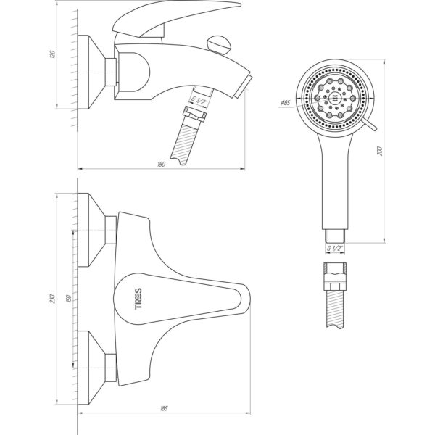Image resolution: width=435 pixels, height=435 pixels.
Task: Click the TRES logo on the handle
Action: tap(138, 299)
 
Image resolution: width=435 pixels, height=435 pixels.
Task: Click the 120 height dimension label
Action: tap(52, 54)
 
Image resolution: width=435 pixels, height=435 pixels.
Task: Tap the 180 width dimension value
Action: tap(161, 165)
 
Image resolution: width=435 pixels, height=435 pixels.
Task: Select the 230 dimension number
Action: tap(52, 299)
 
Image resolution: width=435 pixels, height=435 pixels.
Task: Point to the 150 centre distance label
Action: tap(69, 299)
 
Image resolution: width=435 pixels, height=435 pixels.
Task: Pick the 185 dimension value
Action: tap(164, 408)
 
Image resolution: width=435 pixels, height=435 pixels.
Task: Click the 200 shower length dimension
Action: tap(381, 152)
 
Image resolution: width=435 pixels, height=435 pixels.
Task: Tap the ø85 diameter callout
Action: tap(285, 103)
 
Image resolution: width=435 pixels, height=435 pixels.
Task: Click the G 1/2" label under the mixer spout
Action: tap(199, 101)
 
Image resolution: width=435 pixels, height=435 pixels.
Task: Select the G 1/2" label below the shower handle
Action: tap(335, 248)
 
